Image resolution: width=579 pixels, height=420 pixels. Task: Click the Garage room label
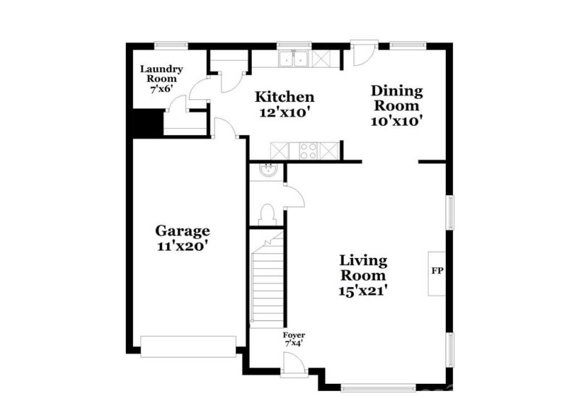click(x=183, y=231)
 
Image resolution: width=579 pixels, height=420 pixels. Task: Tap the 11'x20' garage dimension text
click(x=183, y=247)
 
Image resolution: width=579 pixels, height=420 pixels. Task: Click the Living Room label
click(x=364, y=267)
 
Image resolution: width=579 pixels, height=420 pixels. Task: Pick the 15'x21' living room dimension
click(x=364, y=291)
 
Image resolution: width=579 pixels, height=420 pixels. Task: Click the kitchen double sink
click(x=295, y=59)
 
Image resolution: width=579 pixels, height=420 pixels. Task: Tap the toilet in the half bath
click(x=266, y=215)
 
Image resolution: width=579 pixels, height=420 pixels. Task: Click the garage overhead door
click(x=188, y=346)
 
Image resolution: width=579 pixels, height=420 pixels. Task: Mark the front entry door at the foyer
click(x=293, y=367)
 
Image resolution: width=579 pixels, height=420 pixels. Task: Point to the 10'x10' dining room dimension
click(x=397, y=121)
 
